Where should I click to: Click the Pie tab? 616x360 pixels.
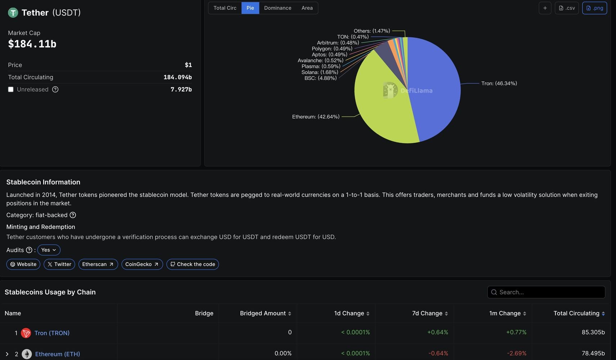250,8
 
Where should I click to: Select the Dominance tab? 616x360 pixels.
277,8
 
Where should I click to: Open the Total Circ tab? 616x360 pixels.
225,8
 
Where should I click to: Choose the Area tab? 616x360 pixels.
307,8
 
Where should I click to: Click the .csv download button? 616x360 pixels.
567,8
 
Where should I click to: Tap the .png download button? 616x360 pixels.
594,8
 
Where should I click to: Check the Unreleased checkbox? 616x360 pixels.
11,89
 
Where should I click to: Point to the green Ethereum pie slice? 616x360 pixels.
382,108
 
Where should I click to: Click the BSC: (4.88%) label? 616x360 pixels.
320,78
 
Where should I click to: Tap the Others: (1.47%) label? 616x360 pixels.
372,31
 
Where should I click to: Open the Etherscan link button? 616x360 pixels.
98,264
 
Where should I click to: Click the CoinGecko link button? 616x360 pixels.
142,264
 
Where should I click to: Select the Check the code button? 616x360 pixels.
192,264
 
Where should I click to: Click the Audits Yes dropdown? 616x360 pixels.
49,250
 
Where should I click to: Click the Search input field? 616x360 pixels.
546,292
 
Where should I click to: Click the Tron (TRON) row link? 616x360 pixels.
52,333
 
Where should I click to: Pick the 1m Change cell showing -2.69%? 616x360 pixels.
517,353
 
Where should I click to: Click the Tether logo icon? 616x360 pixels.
13,13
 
